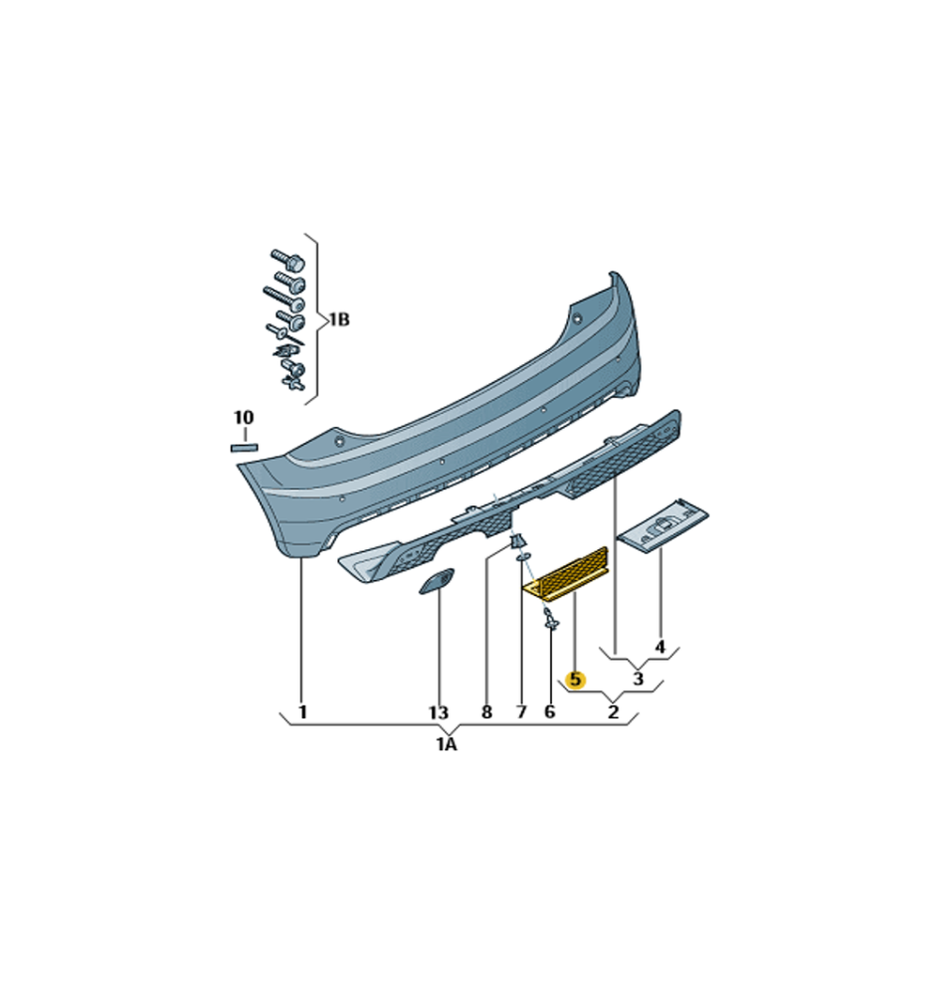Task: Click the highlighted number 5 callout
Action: [575, 680]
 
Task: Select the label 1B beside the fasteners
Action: [339, 319]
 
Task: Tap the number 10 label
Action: [244, 418]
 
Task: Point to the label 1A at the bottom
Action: [446, 744]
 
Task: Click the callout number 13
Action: [439, 713]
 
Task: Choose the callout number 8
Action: [486, 712]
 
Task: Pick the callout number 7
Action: [521, 712]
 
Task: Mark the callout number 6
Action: [549, 712]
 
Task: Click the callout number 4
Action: [659, 648]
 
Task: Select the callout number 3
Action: [639, 679]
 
